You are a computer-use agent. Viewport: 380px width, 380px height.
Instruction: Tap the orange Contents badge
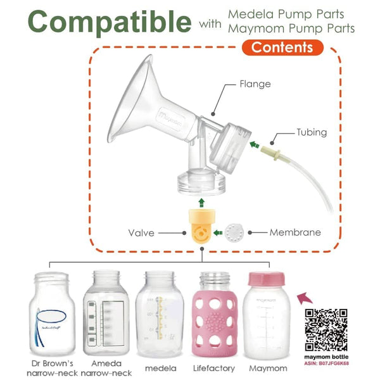282,47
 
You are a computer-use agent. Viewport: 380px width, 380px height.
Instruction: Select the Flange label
255,84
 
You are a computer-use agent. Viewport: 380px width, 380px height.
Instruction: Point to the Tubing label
312,132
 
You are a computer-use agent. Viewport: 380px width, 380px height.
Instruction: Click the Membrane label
295,232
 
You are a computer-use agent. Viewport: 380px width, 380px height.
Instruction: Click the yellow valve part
201,232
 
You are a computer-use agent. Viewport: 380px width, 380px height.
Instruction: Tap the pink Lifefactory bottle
218,314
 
